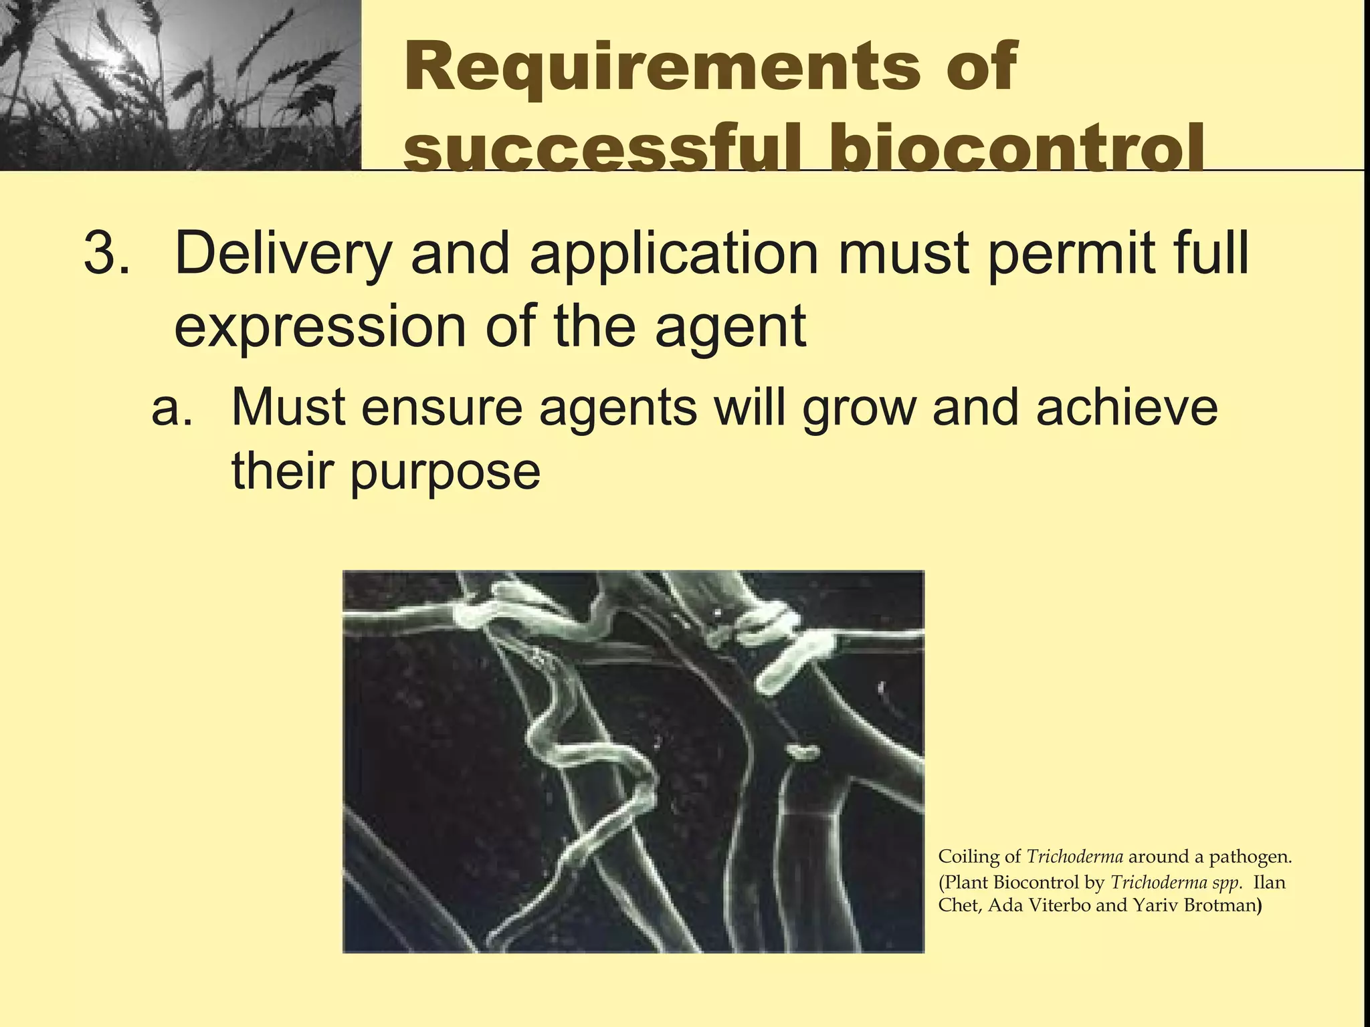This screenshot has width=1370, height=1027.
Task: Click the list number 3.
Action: click(106, 255)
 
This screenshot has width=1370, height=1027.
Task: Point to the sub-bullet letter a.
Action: click(171, 409)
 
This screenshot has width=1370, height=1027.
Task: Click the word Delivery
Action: click(281, 255)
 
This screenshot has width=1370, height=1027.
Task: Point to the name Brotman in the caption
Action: click(1220, 906)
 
